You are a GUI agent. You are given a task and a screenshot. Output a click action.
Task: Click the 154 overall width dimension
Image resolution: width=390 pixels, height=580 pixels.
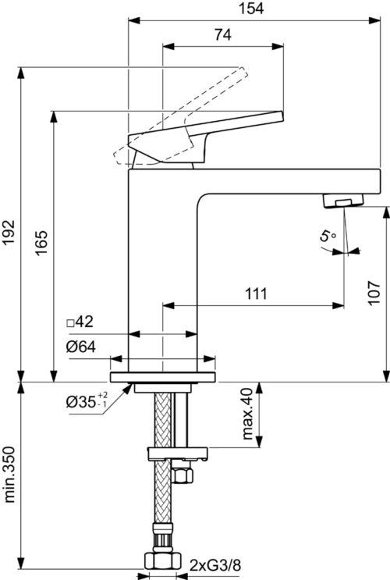tap(251, 8)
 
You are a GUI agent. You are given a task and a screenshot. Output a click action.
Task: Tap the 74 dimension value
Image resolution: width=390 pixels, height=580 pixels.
tap(223, 34)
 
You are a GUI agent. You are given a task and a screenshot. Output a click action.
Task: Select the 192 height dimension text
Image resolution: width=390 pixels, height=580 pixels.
tap(8, 233)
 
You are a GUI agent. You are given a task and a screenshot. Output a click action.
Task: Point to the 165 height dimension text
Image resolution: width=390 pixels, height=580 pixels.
tap(41, 242)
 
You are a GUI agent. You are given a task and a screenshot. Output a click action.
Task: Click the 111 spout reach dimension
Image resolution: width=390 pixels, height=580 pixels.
tap(256, 294)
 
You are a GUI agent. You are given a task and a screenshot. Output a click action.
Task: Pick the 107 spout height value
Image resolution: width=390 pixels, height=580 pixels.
tap(374, 293)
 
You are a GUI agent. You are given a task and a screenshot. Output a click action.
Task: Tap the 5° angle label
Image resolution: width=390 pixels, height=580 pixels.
tap(327, 236)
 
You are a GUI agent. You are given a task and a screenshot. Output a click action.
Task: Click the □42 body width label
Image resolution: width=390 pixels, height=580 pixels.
tap(80, 322)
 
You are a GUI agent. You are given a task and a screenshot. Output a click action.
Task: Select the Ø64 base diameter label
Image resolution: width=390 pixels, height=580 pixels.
tap(81, 347)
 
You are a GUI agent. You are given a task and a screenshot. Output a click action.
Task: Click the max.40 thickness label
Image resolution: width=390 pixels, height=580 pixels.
tap(247, 414)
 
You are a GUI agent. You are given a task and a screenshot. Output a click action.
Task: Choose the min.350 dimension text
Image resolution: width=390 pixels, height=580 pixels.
tap(9, 475)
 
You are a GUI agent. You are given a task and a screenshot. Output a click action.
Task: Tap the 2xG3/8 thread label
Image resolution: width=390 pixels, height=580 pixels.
tap(215, 565)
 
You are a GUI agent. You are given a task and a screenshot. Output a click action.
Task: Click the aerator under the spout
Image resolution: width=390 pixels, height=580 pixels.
tap(343, 201)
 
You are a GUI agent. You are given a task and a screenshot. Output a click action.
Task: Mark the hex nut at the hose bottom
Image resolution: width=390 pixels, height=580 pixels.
tap(162, 560)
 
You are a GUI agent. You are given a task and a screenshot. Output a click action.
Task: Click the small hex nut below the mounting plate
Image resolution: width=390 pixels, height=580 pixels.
tap(183, 475)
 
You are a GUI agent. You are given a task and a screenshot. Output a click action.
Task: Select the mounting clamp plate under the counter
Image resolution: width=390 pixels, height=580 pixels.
tap(177, 454)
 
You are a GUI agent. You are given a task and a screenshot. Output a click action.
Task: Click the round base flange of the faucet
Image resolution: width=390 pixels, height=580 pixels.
tap(163, 377)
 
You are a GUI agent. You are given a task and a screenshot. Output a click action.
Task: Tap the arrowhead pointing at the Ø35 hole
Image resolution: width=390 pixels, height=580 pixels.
tap(128, 389)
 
